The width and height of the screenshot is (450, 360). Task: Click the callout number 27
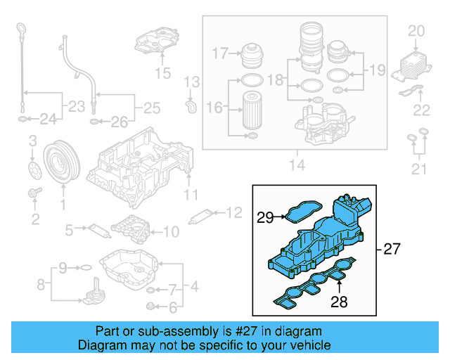pyautogui.click(x=392, y=249)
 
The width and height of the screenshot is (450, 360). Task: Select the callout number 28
pyautogui.click(x=340, y=302)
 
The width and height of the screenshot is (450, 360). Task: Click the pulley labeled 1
pyautogui.click(x=60, y=164)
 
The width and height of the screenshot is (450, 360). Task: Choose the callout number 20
pyautogui.click(x=416, y=31)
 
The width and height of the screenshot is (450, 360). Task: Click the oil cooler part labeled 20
pyautogui.click(x=411, y=65)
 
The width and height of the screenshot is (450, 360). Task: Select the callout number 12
pyautogui.click(x=233, y=211)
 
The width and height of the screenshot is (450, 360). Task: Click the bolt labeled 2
pyautogui.click(x=32, y=193)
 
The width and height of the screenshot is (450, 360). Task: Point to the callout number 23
pyautogui.click(x=73, y=107)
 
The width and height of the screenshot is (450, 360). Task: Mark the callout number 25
pyautogui.click(x=151, y=108)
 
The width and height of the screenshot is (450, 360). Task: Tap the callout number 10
pyautogui.click(x=172, y=229)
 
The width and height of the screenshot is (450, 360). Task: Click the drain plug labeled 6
pyautogui.click(x=150, y=306)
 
